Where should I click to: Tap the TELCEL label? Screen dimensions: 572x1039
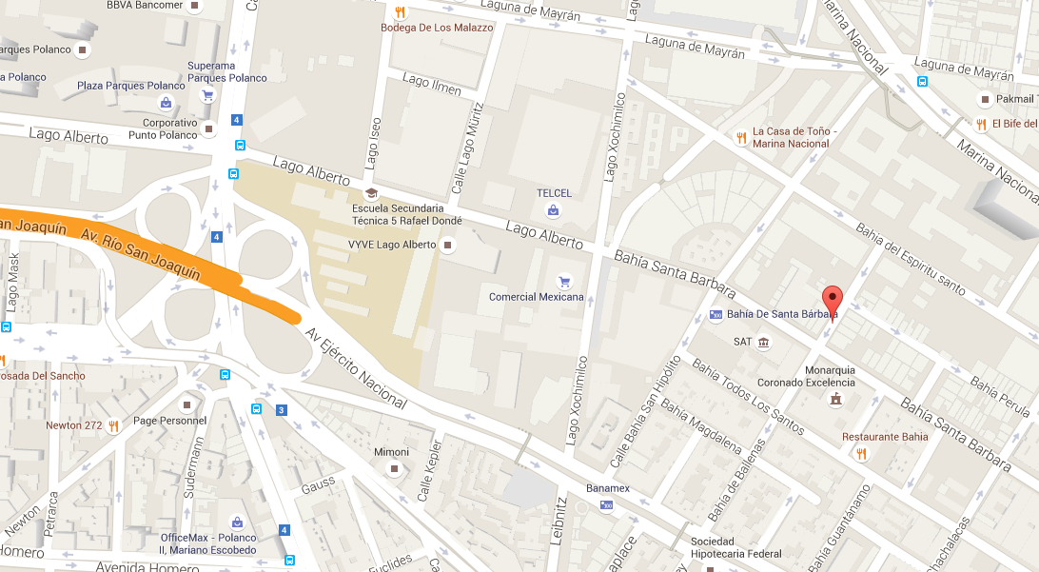pos(554,193)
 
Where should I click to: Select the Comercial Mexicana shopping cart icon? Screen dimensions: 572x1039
pos(564,281)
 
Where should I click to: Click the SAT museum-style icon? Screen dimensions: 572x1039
pos(763,343)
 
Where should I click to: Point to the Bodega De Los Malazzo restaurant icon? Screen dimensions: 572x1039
pos(401,12)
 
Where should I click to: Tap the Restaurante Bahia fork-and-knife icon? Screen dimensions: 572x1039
pos(861,454)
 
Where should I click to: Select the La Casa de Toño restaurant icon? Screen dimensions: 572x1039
pos(741,138)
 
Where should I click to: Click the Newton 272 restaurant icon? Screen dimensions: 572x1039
pos(113,425)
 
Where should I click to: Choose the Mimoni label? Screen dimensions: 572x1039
pos(391,452)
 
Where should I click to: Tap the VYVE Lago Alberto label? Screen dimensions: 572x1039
pos(391,245)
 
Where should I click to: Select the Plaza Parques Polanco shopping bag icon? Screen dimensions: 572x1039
pos(166,102)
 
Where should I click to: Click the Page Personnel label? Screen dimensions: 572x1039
pos(169,421)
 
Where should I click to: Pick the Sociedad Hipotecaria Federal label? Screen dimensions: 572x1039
pos(735,548)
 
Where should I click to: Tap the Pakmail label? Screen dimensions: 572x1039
pos(1016,99)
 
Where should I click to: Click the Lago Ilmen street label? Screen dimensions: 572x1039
pos(431,84)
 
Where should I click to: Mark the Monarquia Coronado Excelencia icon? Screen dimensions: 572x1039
pos(835,398)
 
